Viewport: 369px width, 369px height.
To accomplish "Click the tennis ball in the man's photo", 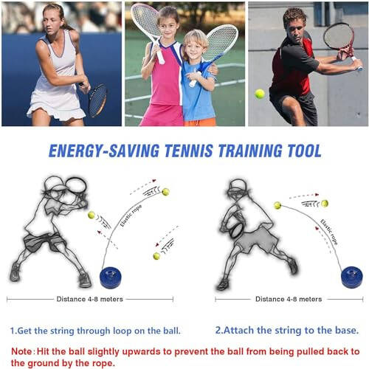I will click(x=260, y=94).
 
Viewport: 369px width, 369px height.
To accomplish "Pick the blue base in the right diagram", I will click(x=351, y=277).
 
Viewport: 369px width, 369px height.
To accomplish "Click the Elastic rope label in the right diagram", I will click(x=331, y=230).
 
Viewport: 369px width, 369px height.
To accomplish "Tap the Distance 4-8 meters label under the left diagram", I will click(x=90, y=299).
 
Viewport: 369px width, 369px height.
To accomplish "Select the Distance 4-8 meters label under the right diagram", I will click(x=288, y=299).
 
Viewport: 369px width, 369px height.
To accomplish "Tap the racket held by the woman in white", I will click(x=97, y=99).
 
